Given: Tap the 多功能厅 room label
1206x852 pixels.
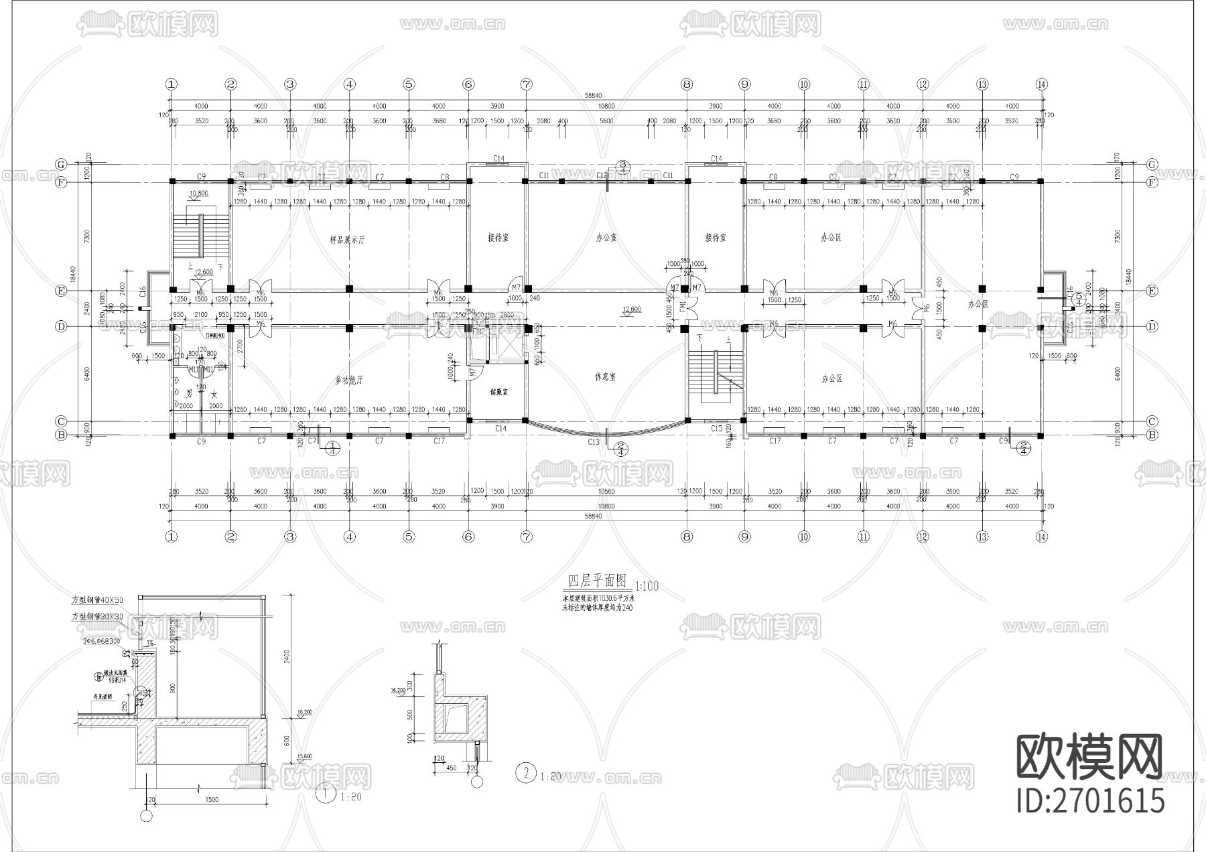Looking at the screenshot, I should coord(348,380).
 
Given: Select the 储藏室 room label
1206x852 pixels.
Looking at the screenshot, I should coord(498,392).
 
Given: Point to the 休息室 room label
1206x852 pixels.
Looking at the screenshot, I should coord(605,377).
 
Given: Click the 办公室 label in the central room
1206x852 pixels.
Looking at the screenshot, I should coord(606,237).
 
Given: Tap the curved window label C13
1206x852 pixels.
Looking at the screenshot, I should coord(594,442).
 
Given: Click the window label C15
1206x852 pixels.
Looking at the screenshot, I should coord(716,428).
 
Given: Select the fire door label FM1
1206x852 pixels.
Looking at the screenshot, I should coord(683,308).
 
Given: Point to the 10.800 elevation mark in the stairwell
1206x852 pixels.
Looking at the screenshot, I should coord(199,193).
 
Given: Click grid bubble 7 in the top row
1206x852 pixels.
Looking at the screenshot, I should coord(527,84).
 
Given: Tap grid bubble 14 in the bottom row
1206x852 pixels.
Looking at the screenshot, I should coord(1041,537).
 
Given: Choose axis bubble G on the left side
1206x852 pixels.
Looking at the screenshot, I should coord(61,164).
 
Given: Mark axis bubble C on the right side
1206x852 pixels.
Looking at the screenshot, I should coord(1152,421).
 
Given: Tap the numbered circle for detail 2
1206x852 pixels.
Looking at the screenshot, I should coord(526,774).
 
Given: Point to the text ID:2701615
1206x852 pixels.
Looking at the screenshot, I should coord(1090,800).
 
